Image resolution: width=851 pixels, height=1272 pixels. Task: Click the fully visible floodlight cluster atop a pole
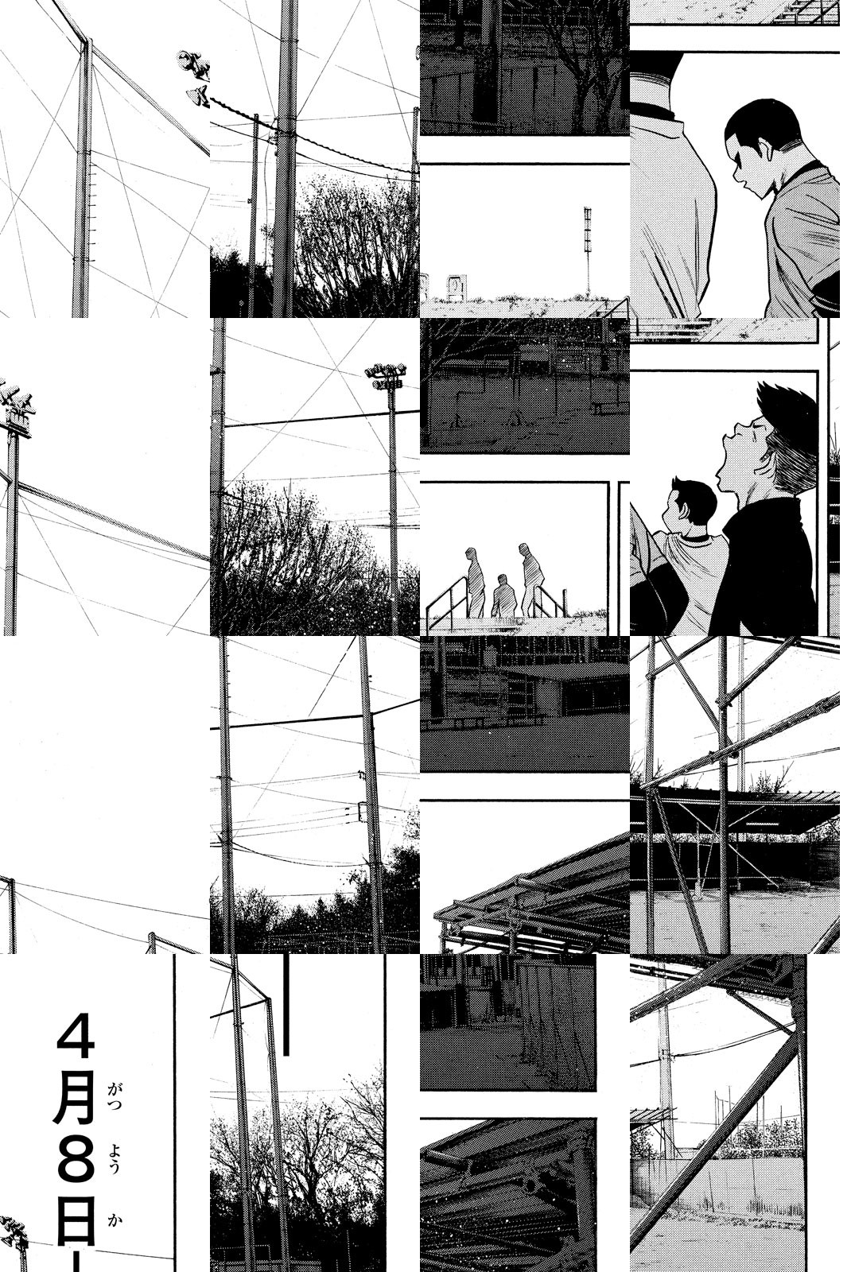tap(385, 376)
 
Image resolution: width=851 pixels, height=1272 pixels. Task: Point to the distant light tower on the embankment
tap(588, 248)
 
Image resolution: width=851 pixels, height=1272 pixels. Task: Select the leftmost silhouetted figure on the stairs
tap(475, 581)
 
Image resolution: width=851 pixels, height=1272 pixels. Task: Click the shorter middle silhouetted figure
tap(503, 595)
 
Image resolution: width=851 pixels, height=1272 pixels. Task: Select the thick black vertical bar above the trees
tap(286, 1004)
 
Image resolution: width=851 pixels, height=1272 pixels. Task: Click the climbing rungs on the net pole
tap(91, 215)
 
